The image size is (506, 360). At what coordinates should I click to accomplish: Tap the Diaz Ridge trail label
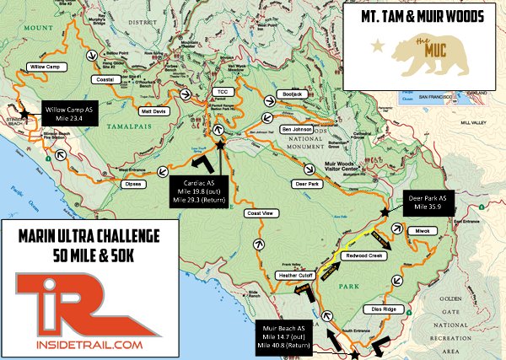(385, 309)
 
